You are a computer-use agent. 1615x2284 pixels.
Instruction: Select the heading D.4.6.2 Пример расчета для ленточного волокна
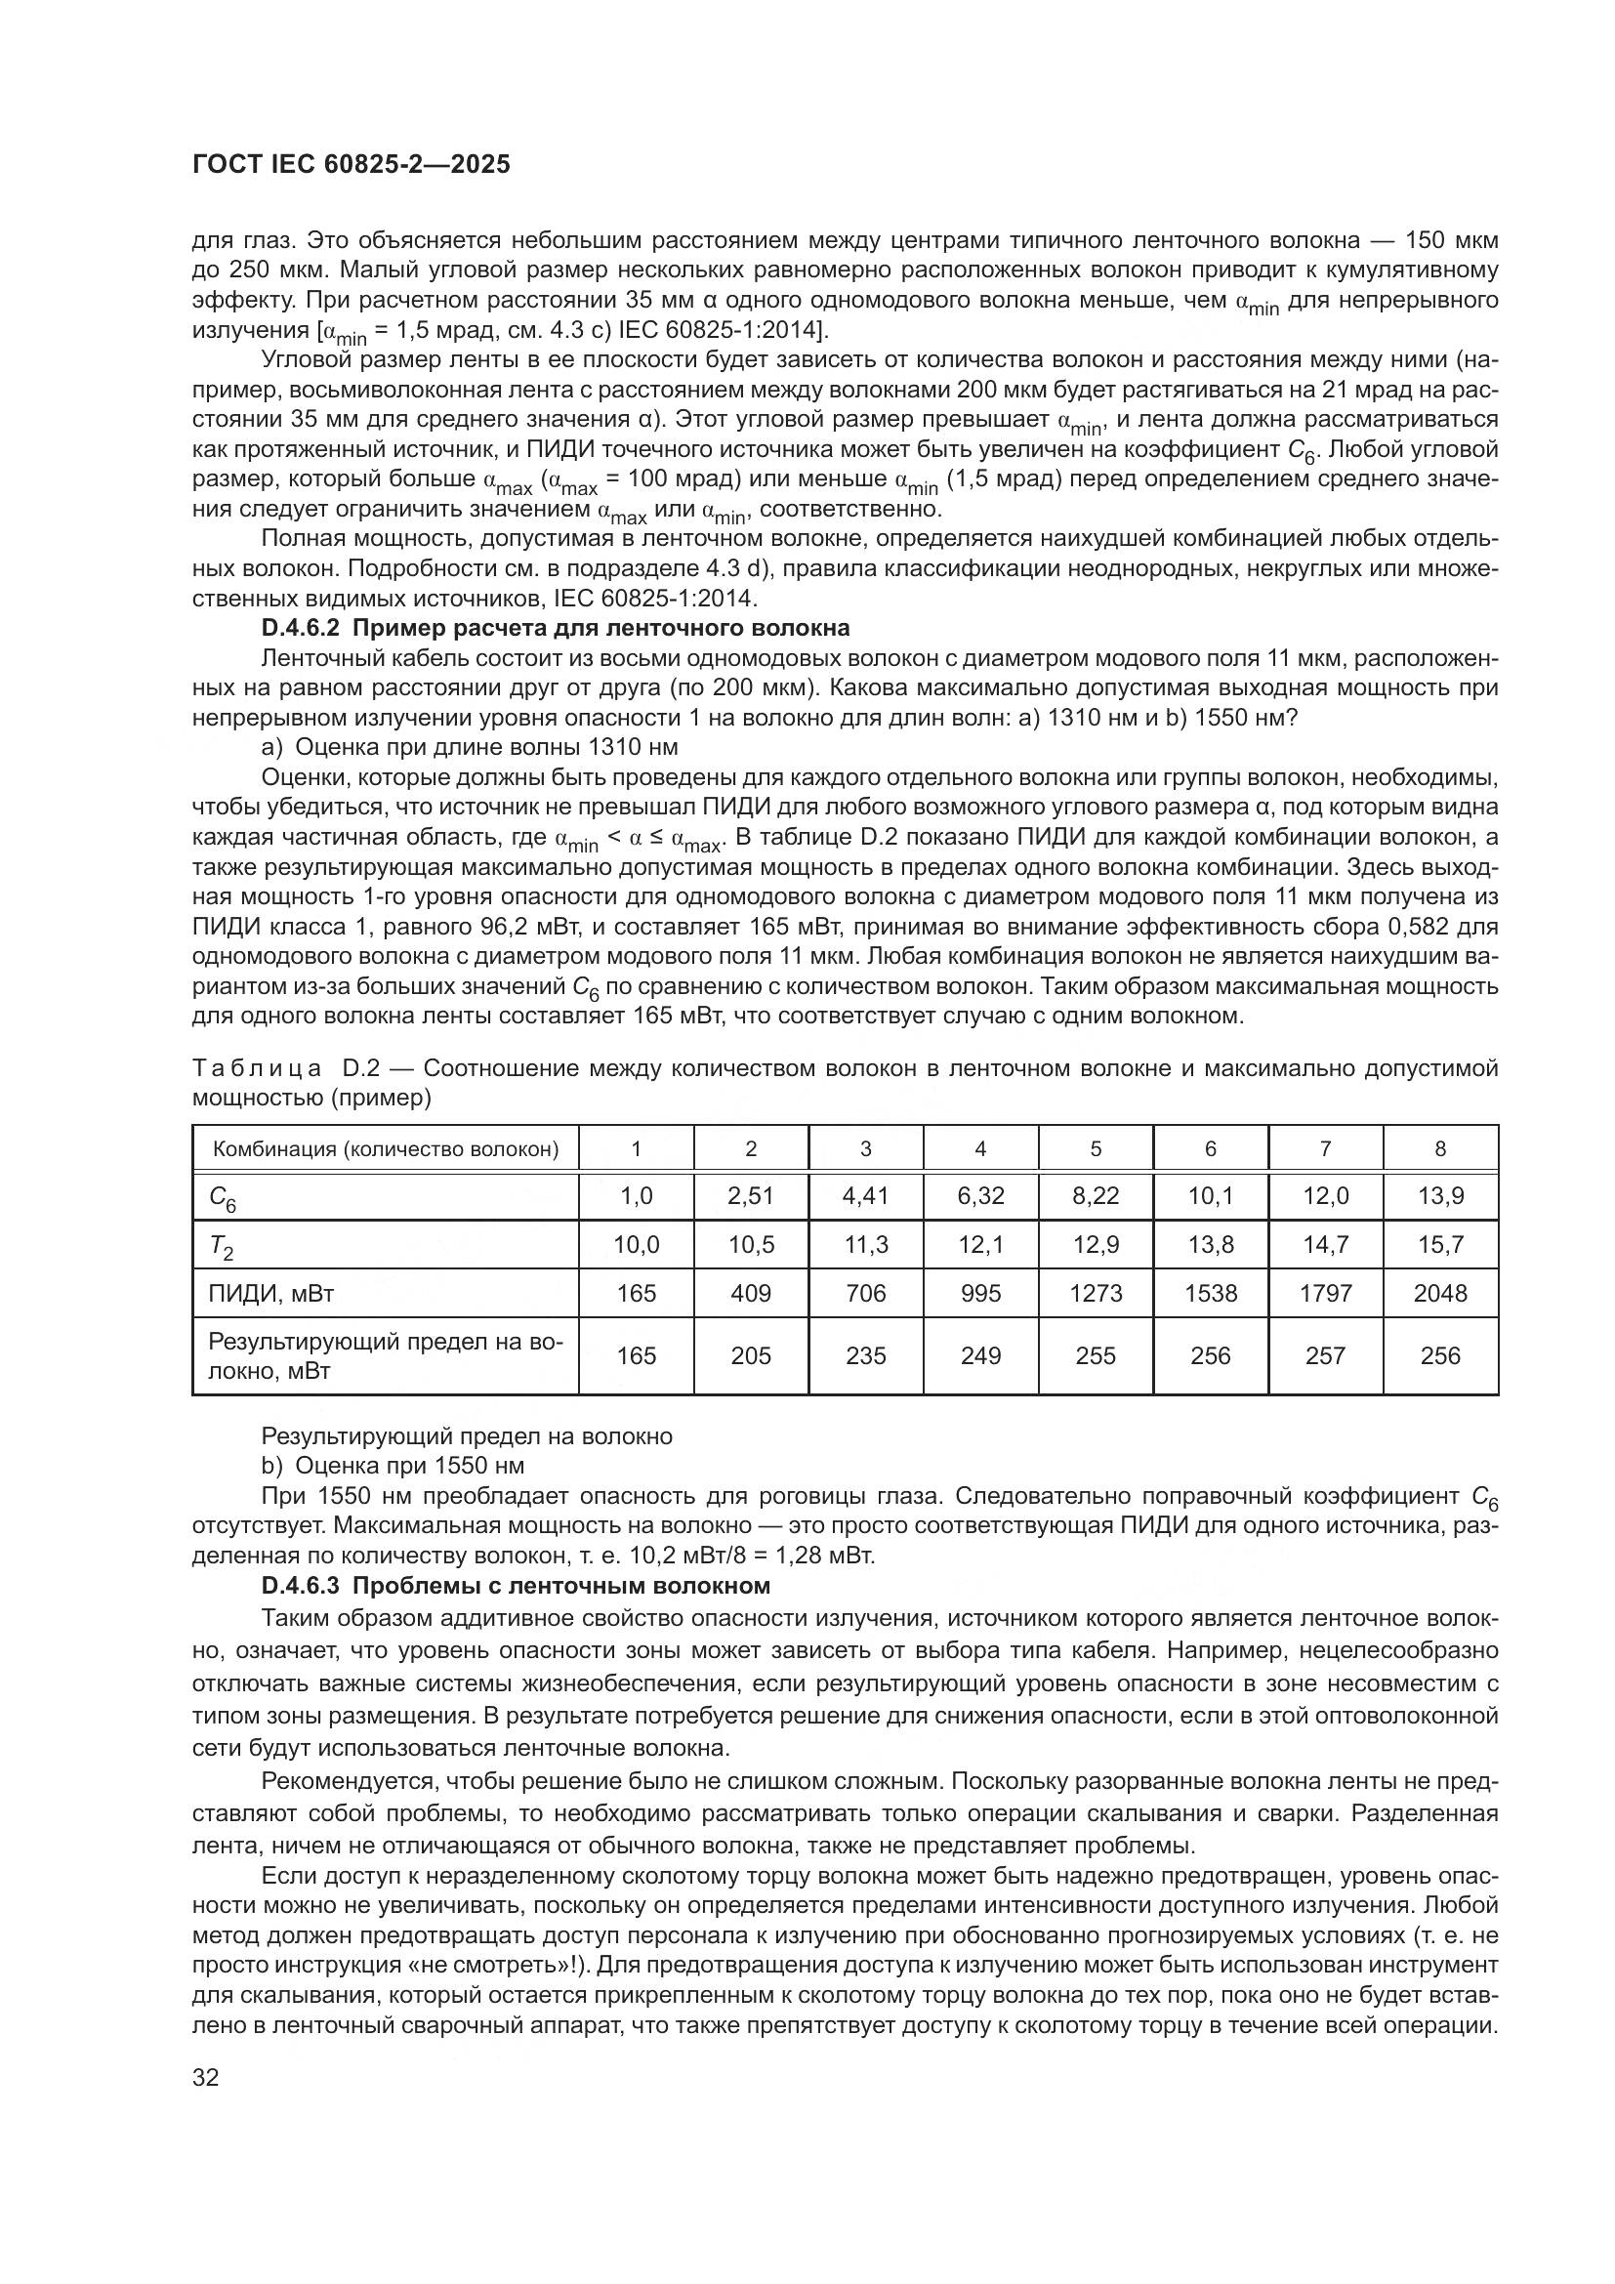tap(555, 628)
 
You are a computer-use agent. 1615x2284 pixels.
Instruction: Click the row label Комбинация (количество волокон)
tap(386, 1149)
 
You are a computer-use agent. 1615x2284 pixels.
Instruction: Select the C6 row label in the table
tap(223, 1198)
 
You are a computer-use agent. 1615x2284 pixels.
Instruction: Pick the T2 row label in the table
tap(221, 1245)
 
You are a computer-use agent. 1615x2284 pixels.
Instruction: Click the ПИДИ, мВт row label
tap(270, 1293)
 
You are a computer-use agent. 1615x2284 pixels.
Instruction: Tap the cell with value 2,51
tap(751, 1196)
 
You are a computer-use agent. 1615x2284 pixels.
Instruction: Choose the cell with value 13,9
tap(1440, 1196)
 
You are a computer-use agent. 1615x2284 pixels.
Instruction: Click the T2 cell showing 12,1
tap(980, 1244)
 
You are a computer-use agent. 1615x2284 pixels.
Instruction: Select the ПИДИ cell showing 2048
tap(1440, 1293)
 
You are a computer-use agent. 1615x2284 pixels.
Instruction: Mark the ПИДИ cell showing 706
tap(865, 1293)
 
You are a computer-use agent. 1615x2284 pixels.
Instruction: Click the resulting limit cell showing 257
tap(1325, 1356)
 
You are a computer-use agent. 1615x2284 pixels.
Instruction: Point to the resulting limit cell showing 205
tap(751, 1356)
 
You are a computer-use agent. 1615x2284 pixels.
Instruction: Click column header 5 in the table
tap(1095, 1149)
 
